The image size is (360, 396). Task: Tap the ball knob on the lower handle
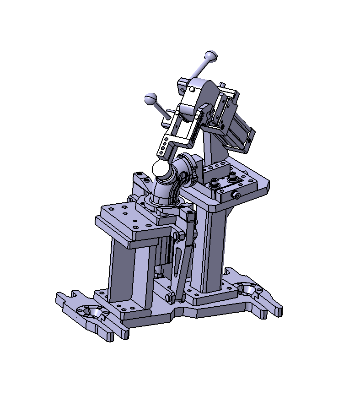[x=150, y=98]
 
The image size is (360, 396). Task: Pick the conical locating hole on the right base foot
[x=248, y=288]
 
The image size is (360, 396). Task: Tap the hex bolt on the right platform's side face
[x=236, y=195]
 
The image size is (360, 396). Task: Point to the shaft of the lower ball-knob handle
[x=161, y=110]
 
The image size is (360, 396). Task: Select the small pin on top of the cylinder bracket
[x=222, y=85]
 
